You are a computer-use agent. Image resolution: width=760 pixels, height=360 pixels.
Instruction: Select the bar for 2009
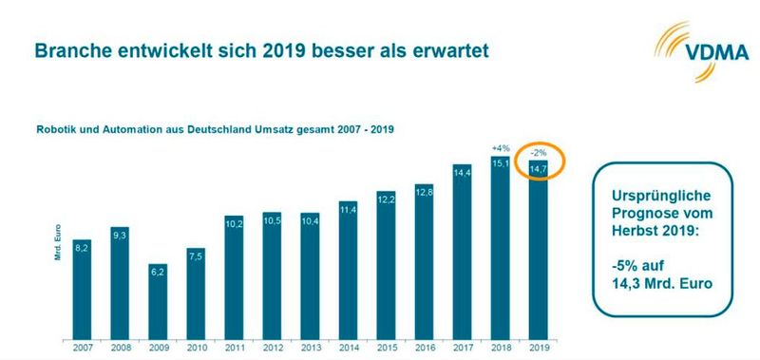tap(159, 299)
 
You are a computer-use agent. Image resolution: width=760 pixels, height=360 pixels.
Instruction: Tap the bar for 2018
tap(501, 247)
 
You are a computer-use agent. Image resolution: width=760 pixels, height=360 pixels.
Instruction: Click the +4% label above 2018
tap(501, 147)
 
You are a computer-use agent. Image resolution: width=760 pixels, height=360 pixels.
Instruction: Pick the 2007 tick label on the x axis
tap(83, 348)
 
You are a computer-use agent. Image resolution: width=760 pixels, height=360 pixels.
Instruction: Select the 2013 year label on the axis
tap(311, 348)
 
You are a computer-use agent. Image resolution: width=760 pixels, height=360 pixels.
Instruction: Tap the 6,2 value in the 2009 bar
tap(159, 272)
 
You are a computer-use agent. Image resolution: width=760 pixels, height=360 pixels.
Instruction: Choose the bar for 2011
tap(235, 275)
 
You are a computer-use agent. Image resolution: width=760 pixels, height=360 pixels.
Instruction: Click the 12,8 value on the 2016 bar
tap(425, 192)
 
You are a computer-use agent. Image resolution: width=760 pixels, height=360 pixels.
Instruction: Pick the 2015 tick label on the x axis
tap(387, 348)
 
